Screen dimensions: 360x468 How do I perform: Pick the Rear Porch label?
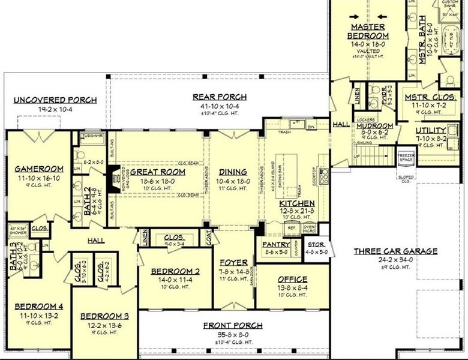219,97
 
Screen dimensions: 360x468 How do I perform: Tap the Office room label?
292,279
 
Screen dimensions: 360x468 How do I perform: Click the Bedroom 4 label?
39,306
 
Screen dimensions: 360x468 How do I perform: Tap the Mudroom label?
374,126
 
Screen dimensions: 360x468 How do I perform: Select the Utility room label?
431,130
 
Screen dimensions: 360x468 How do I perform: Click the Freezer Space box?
406,158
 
